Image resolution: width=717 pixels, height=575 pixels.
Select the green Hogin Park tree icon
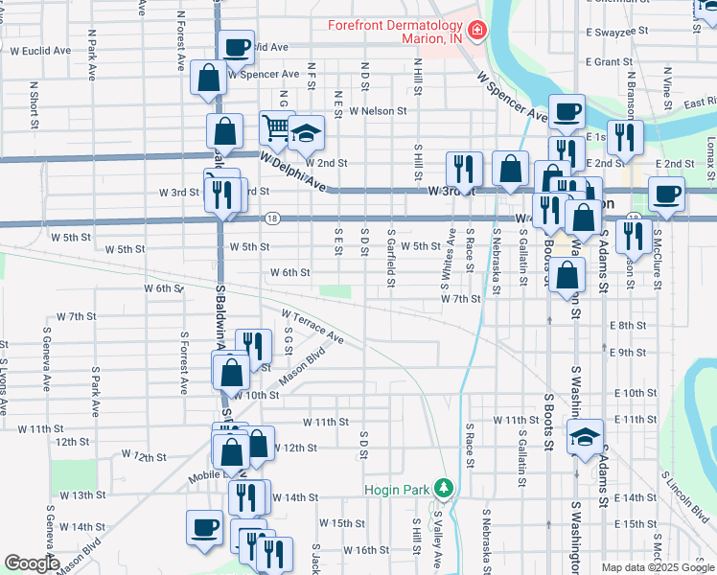[443, 488]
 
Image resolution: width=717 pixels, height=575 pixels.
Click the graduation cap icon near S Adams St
[584, 437]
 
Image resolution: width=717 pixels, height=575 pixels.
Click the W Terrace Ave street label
[312, 326]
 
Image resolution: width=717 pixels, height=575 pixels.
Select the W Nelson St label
[378, 111]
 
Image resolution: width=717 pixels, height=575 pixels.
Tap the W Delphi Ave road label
[291, 170]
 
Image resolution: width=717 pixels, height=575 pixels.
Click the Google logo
[32, 563]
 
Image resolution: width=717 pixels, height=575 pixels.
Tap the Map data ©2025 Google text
[657, 567]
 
